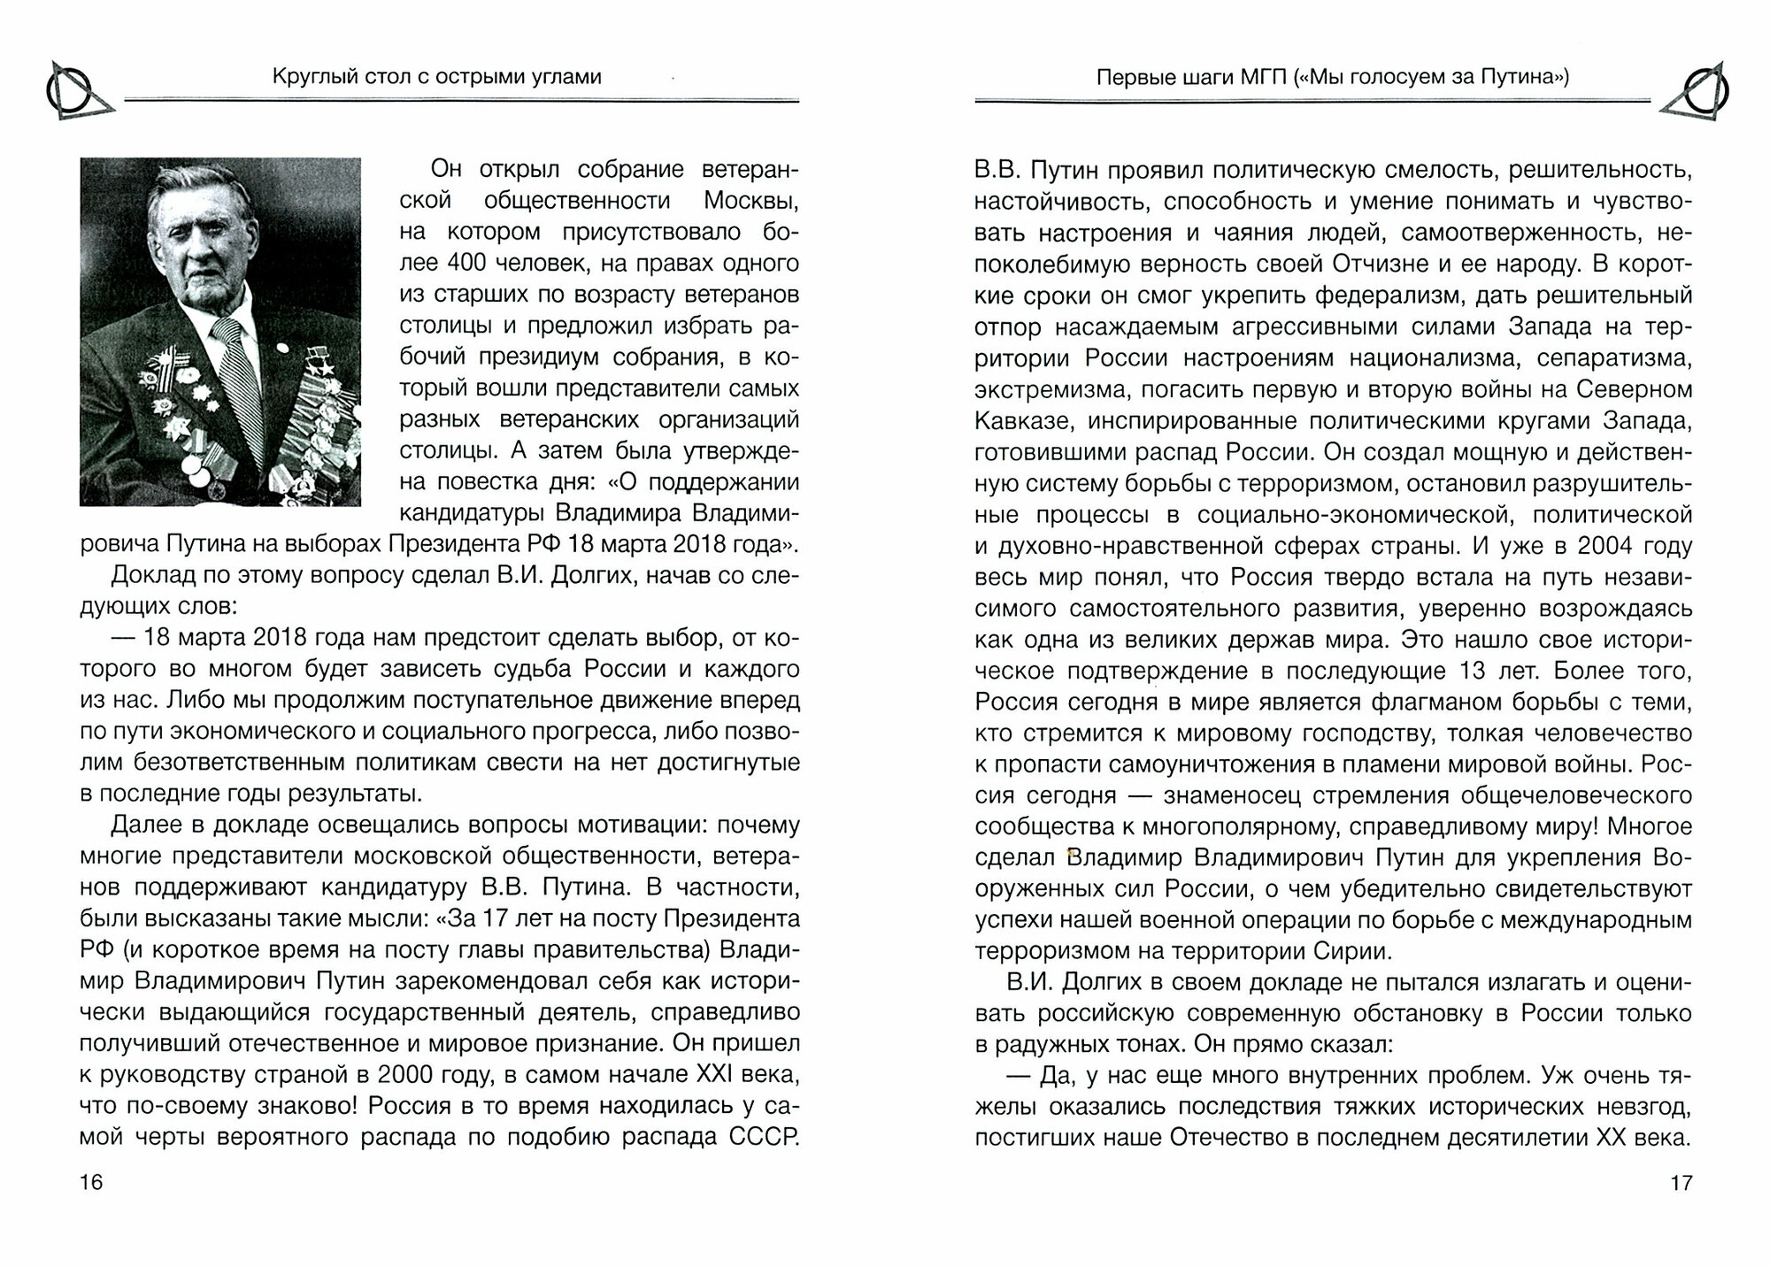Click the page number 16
(91, 1182)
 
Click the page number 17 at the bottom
(1681, 1182)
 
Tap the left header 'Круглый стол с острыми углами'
(436, 77)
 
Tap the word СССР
(765, 1136)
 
